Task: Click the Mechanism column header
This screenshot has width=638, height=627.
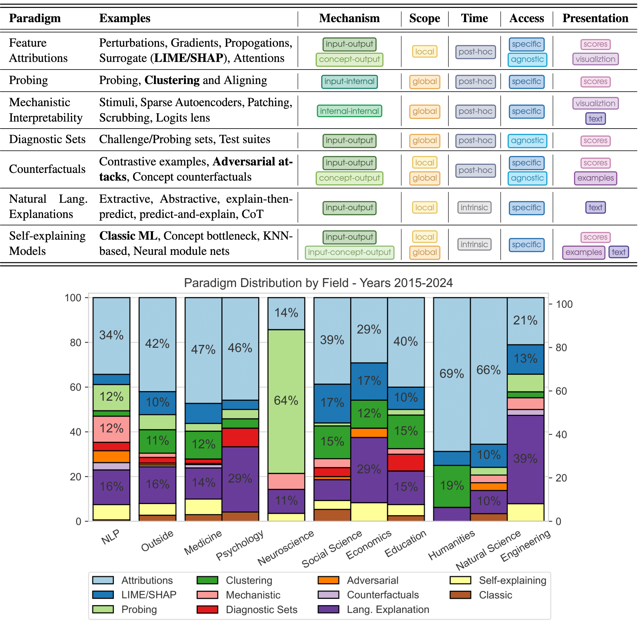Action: [349, 18]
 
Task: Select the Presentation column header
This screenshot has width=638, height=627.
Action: [595, 18]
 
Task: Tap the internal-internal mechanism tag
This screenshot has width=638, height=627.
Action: [349, 111]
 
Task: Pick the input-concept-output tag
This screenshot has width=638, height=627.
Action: [349, 253]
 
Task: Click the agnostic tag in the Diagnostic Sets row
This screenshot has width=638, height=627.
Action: [527, 141]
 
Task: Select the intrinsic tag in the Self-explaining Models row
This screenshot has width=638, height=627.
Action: [474, 245]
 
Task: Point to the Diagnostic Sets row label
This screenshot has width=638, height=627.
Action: [47, 139]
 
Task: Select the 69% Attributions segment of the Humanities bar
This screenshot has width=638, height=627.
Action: [452, 374]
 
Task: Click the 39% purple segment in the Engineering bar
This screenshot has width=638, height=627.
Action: [525, 459]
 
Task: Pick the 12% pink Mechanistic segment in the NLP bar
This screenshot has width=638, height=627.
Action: [111, 429]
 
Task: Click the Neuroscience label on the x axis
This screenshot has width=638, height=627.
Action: [285, 548]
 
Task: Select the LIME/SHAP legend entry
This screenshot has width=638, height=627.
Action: [149, 595]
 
